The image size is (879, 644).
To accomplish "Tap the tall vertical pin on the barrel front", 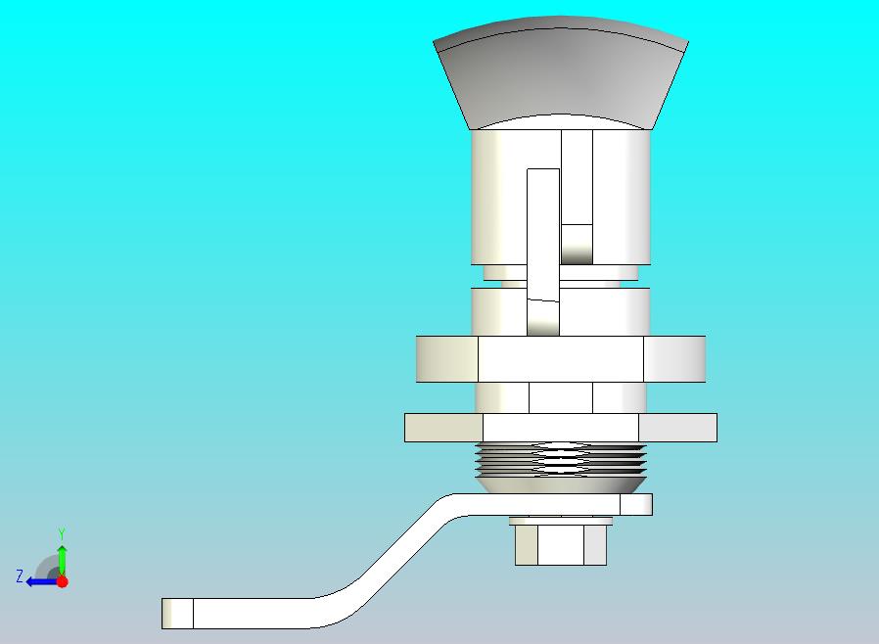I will point(543,235).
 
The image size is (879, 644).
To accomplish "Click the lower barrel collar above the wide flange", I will point(607,311).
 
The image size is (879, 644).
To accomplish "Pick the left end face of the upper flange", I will point(447,359).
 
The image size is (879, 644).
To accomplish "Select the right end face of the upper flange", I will point(673,359).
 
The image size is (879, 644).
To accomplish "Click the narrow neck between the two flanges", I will point(560,397).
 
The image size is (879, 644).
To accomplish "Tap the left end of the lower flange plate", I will point(443,428).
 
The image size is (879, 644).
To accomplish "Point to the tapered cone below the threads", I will point(560,483).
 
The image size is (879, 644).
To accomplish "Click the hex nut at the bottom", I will point(560,545).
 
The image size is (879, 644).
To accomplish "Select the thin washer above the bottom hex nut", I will point(560,519).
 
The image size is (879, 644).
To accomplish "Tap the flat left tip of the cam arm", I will point(177,613).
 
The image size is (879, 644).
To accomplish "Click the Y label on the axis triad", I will point(61,533).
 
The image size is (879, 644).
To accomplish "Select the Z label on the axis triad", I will point(19,576).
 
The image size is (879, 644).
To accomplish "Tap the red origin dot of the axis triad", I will point(62,581).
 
